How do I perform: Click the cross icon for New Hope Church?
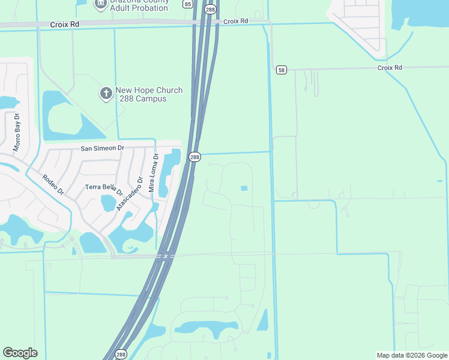pos(105,93)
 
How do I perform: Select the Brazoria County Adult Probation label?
pos(139,5)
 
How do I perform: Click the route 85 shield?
pos(188,4)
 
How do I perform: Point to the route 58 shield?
pos(282,70)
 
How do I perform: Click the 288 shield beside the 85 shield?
pos(209,9)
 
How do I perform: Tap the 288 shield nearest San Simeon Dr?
pos(194,157)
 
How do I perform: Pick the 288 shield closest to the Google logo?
pos(121,354)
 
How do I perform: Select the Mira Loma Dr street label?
pos(152,173)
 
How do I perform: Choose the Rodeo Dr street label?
pos(53,185)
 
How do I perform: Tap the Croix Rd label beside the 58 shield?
pos(389,68)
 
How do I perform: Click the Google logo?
pos(20,353)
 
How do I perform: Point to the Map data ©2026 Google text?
pos(411,355)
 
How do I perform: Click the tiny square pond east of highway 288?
pos(244,188)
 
